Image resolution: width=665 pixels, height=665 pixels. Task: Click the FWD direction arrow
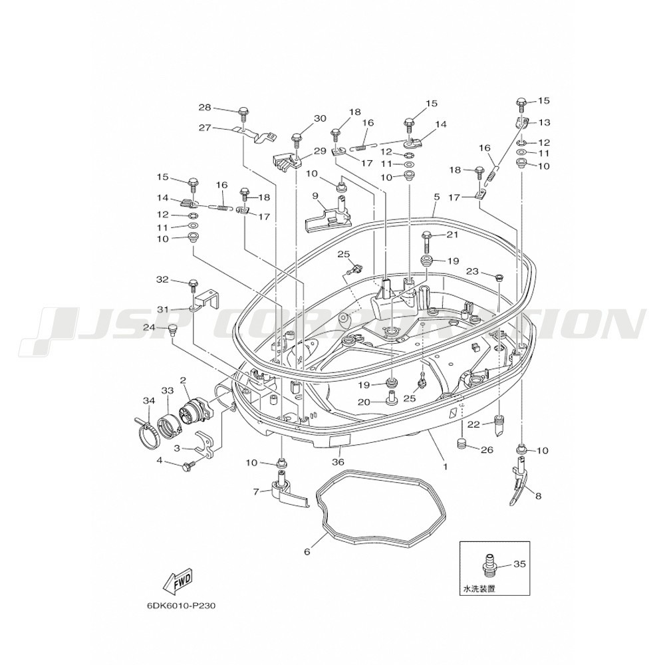tap(178, 581)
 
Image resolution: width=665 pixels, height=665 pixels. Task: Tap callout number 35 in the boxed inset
tap(519, 564)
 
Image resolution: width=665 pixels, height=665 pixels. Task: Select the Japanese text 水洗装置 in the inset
tap(478, 589)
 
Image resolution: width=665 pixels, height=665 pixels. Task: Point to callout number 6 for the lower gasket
tap(307, 552)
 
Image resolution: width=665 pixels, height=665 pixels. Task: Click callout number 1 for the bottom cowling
tap(446, 466)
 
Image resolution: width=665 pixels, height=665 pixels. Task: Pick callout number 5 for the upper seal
tap(436, 198)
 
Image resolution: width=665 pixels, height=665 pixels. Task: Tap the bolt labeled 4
tap(188, 467)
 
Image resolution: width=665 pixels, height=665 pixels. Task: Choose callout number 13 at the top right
tap(544, 122)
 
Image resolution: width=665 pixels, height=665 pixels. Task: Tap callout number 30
tap(321, 118)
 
